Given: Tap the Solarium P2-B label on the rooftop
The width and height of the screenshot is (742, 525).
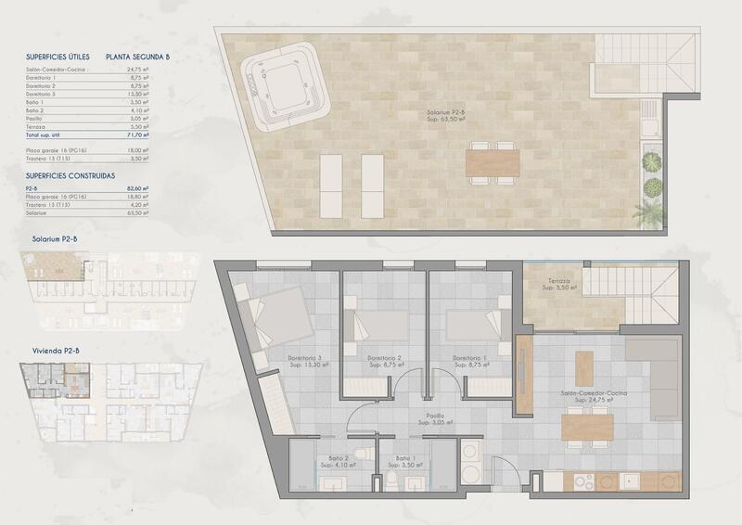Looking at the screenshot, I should pyautogui.click(x=445, y=117).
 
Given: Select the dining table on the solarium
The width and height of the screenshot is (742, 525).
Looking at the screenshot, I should pyautogui.click(x=493, y=163).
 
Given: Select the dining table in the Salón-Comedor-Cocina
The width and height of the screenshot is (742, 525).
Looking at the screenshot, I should pyautogui.click(x=588, y=427).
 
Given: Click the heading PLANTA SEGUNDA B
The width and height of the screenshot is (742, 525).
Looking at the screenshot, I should pyautogui.click(x=140, y=57).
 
